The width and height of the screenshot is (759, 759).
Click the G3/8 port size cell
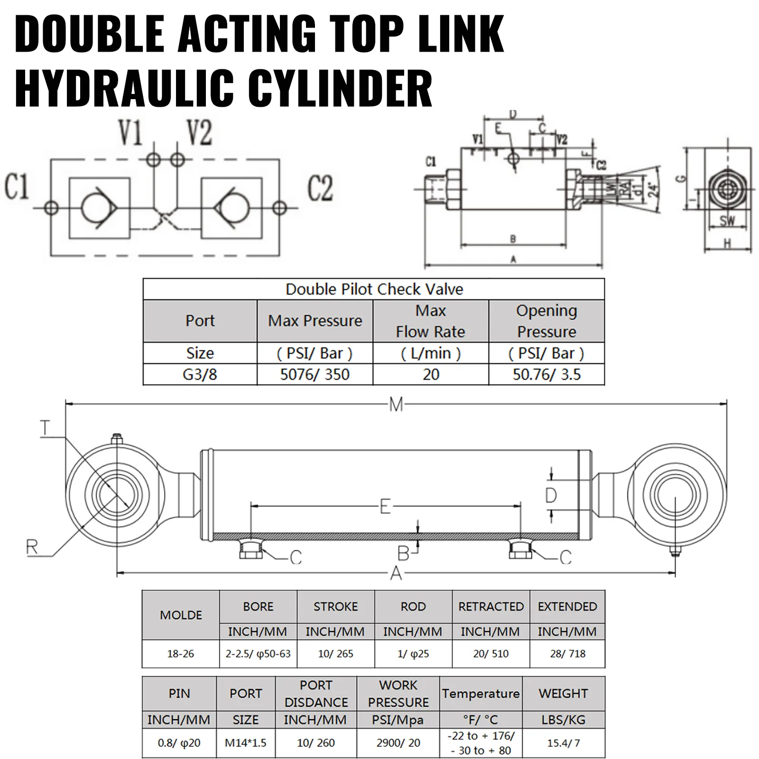200,375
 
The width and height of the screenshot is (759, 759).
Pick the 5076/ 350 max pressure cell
315,375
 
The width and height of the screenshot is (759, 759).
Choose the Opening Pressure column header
546,321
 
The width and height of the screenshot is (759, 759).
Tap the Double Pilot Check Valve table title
374,289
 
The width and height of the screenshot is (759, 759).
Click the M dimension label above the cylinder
396,405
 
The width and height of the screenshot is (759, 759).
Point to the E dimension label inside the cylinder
385,507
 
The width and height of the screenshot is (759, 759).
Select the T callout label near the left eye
45,429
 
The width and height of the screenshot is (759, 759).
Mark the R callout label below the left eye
32,547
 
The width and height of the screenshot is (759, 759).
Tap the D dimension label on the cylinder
551,496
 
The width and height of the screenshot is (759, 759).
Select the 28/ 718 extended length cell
567,654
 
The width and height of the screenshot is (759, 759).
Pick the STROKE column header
335,606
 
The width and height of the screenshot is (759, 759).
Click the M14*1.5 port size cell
246,743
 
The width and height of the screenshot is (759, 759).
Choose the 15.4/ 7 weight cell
563,743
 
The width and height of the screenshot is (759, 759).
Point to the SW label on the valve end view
727,221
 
